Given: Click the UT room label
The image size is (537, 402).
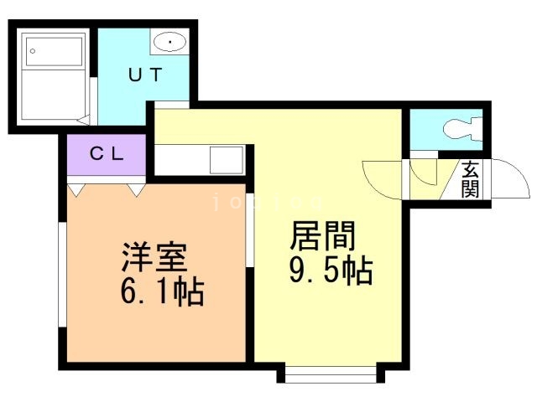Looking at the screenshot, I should coord(144,74).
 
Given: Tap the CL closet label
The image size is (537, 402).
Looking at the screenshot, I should coord(107,153).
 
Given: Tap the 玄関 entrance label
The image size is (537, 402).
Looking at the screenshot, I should coord(470,179).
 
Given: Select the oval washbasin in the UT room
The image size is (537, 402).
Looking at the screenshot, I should coord(169,41).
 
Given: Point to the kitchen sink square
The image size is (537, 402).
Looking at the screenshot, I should coord(225,159).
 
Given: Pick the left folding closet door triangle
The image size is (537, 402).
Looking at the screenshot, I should coord(77,189).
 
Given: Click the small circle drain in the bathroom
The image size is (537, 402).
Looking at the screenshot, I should coord(32,50).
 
